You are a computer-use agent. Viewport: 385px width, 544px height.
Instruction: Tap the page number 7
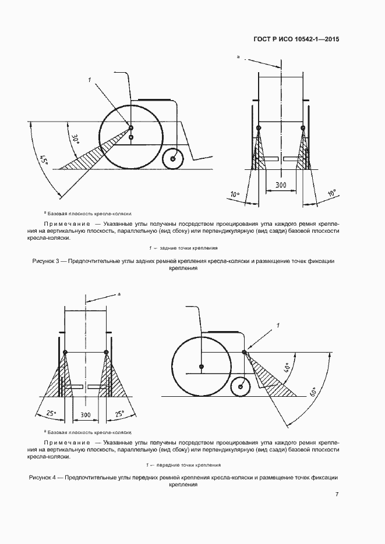pyautogui.click(x=337, y=495)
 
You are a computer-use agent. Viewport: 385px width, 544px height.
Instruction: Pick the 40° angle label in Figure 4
pyautogui.click(x=286, y=369)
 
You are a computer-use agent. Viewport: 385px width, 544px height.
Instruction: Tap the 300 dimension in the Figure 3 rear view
pyautogui.click(x=280, y=184)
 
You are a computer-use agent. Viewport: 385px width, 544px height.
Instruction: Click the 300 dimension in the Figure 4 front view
pyautogui.click(x=86, y=415)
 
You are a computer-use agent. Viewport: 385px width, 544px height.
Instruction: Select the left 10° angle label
pyautogui.click(x=234, y=194)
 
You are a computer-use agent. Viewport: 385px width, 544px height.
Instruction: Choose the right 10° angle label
pyautogui.click(x=331, y=193)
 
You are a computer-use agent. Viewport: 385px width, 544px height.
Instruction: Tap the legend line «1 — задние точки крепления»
pyautogui.click(x=183, y=248)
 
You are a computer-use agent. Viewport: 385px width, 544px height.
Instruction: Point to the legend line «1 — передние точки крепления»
pyautogui.click(x=183, y=464)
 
